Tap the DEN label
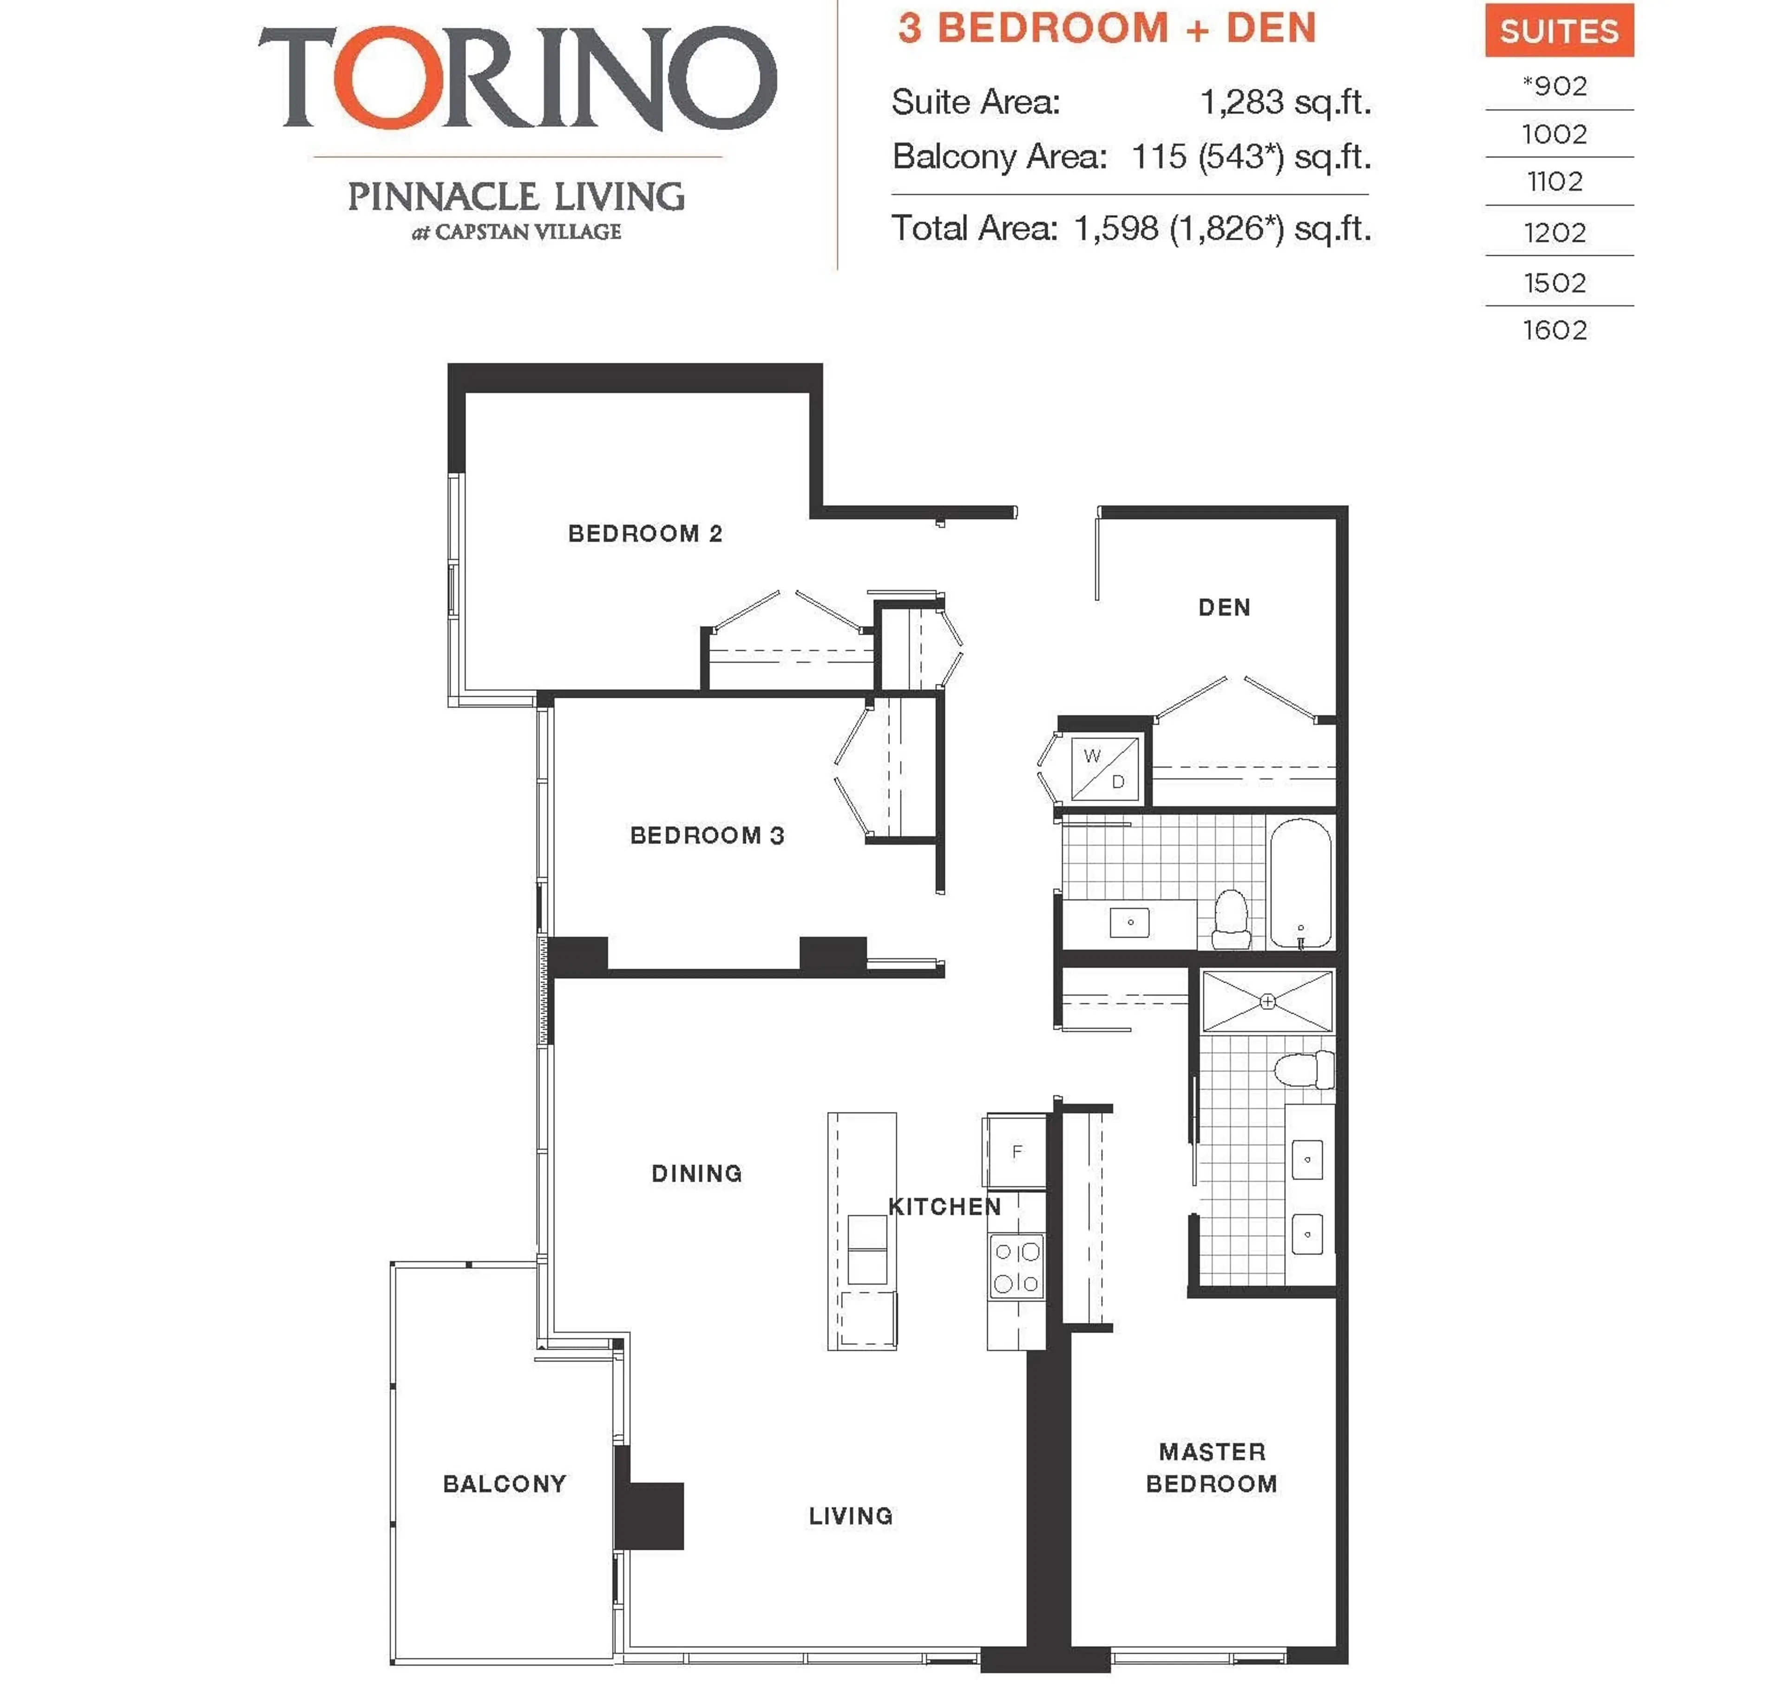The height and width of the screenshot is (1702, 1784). click(x=1224, y=607)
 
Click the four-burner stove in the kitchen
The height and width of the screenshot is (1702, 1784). click(x=1016, y=1267)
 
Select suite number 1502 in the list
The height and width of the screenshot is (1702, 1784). click(x=1554, y=283)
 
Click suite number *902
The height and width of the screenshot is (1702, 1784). click(x=1554, y=86)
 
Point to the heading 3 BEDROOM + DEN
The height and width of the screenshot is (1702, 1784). click(x=1107, y=28)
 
